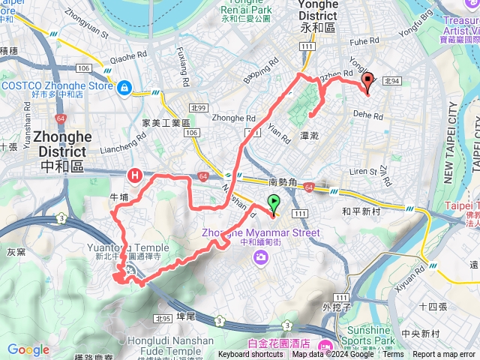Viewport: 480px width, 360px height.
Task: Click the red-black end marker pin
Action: [367, 81]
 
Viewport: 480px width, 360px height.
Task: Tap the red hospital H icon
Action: [135, 176]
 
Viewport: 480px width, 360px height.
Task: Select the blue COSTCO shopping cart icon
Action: [123, 88]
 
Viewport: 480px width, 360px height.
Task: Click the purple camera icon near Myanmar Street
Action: [260, 257]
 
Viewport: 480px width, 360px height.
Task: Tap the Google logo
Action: [28, 349]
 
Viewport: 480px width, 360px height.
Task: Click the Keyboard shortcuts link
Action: [250, 355]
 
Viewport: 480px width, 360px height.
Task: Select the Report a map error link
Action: [444, 355]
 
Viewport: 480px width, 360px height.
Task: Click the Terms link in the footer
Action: [393, 355]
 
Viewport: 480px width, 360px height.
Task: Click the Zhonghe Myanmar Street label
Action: [260, 232]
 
